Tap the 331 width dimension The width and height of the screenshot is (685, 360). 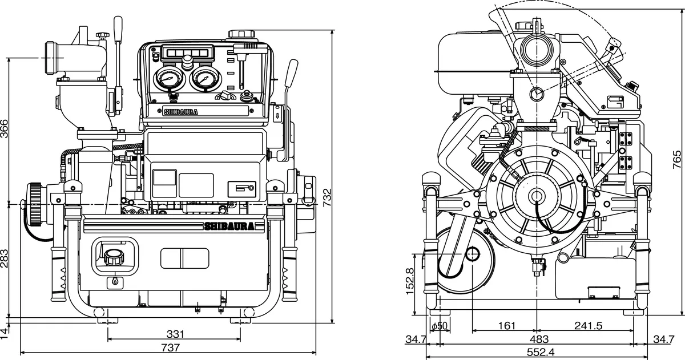point(175,334)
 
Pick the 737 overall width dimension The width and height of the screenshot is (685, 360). point(170,347)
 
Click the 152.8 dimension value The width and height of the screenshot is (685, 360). point(409,282)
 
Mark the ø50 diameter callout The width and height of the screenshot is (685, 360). point(441,326)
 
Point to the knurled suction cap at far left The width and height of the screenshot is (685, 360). point(35,204)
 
